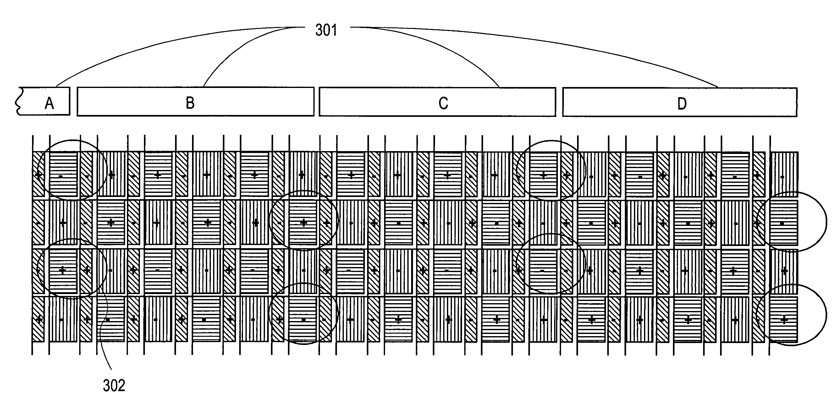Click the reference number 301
click(326, 30)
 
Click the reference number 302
click(114, 385)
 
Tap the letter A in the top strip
click(49, 104)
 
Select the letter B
click(190, 103)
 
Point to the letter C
click(443, 104)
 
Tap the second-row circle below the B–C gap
click(304, 191)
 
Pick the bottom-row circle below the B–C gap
click(304, 284)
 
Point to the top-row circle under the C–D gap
click(551, 141)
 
